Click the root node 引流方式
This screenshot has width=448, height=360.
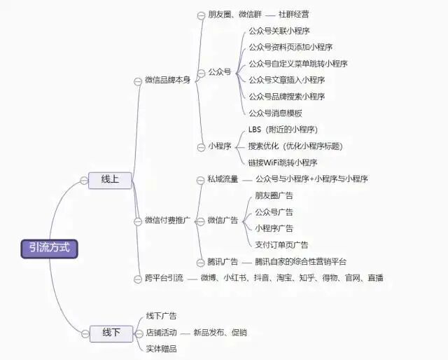49,248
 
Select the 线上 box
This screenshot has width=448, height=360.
110,180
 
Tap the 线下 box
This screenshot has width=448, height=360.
111,333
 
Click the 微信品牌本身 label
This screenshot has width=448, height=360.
167,81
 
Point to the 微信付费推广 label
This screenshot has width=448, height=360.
167,221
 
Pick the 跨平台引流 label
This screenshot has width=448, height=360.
163,278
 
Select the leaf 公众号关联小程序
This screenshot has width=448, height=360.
280,31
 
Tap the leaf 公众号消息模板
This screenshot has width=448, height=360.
275,113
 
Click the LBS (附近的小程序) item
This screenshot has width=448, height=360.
283,130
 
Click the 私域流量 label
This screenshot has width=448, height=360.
222,179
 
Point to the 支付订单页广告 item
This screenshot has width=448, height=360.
281,245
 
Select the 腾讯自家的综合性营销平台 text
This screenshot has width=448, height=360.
301,262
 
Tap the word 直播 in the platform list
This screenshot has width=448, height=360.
374,278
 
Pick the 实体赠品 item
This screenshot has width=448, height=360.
161,349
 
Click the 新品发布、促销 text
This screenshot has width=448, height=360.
220,332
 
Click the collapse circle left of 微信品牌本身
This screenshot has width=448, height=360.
137,81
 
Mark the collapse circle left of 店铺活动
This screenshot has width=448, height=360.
139,333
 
